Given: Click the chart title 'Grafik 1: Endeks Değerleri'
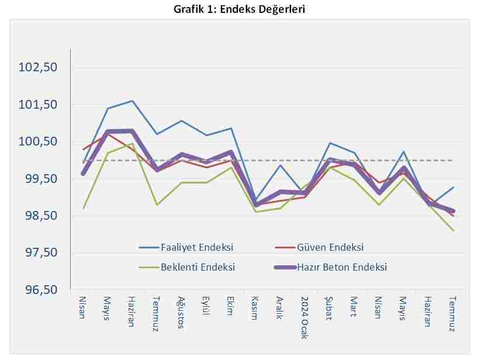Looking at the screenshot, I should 239,9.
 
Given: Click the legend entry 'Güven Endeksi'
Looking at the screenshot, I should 331,248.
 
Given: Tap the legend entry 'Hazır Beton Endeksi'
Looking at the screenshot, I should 342,267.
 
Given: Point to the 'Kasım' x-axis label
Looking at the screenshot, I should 254,308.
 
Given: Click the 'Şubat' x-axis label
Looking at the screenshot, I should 329,308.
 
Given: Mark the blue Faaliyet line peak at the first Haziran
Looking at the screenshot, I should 132,101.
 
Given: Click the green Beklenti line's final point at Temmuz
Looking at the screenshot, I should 453,231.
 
